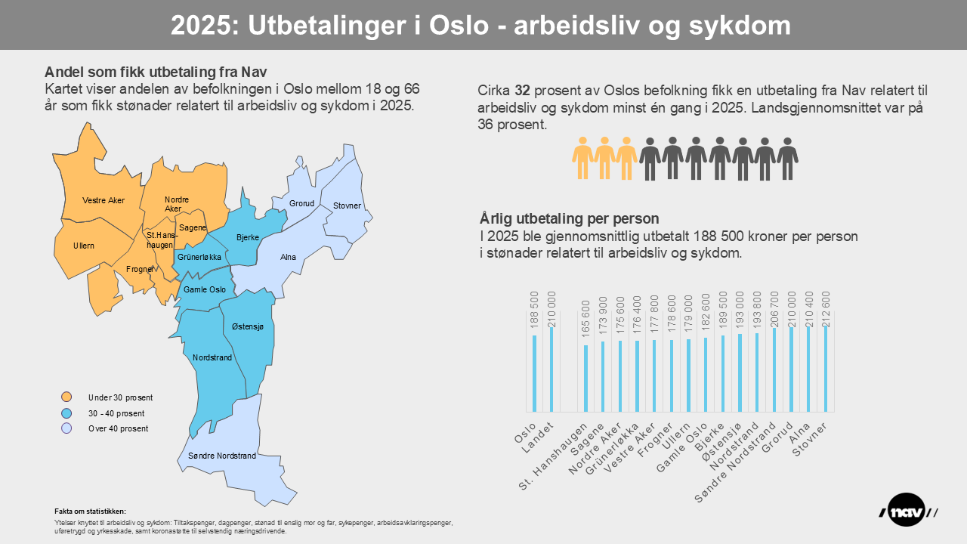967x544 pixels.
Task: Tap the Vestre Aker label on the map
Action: (x=103, y=200)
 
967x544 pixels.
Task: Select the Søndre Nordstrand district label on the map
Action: (x=217, y=456)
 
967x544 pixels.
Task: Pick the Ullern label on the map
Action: (x=84, y=246)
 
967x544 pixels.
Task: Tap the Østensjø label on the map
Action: (x=247, y=326)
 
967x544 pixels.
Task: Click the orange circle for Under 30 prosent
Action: (x=66, y=397)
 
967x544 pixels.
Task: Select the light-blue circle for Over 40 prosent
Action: (x=66, y=428)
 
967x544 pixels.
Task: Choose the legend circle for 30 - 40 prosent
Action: (x=66, y=413)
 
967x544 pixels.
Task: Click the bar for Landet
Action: (x=551, y=369)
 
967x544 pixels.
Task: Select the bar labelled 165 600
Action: (x=585, y=379)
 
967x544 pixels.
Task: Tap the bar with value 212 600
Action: (x=826, y=369)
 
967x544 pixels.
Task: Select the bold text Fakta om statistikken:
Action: (x=91, y=512)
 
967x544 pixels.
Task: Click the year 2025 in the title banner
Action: (x=200, y=26)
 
